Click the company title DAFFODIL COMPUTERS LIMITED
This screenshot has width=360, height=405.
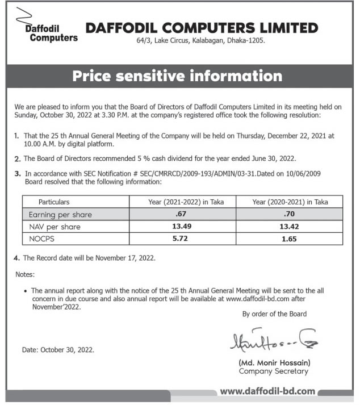point(202,28)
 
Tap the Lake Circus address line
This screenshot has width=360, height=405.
point(201,41)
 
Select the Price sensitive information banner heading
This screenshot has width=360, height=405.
point(177,76)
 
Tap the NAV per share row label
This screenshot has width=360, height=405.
point(55,227)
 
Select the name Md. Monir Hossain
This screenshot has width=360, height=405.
point(273,362)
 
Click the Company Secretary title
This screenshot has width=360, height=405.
point(273,371)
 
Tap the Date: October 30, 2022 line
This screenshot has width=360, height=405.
point(58,350)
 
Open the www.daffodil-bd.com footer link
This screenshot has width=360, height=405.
point(267,391)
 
